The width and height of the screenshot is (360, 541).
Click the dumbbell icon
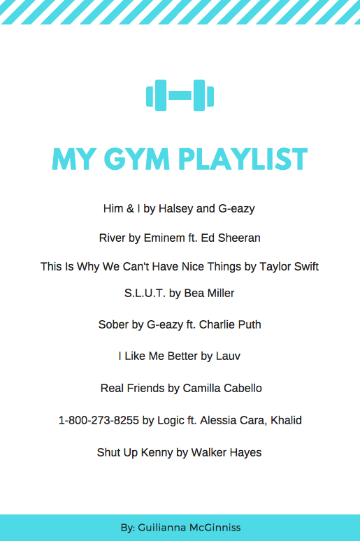[x=180, y=95]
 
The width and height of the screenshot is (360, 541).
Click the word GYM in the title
[x=136, y=159]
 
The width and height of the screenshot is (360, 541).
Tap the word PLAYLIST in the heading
[x=243, y=159]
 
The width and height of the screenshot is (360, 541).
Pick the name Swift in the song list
[x=305, y=266]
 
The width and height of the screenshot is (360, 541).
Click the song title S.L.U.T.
[x=145, y=294]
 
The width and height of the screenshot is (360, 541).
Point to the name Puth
[x=249, y=324]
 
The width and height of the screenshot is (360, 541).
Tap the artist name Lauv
[x=228, y=356]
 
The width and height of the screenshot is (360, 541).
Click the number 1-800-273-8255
[x=99, y=420]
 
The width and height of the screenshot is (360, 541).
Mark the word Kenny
[x=157, y=452]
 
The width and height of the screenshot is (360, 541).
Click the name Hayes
[x=246, y=452]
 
